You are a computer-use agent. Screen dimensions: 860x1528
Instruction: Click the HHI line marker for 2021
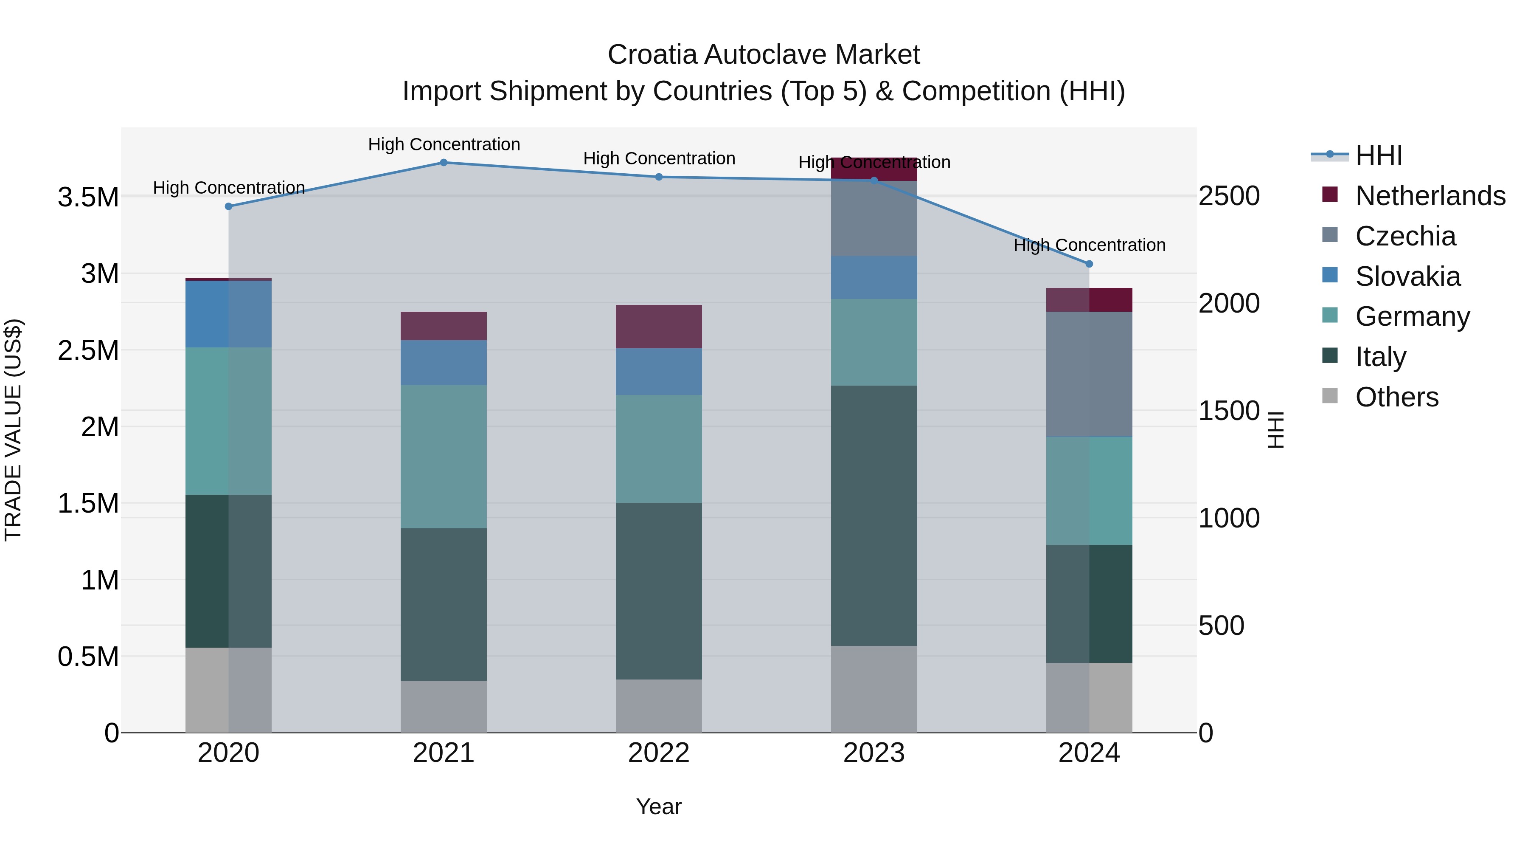point(444,163)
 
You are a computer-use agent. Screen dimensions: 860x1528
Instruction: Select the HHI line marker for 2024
point(1089,264)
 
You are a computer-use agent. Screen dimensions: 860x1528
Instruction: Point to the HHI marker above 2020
point(228,206)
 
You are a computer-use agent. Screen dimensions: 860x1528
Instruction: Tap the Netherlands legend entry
point(1430,196)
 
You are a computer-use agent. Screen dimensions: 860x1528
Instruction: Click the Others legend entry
point(1397,397)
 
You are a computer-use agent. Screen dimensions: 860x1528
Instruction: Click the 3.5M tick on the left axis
point(88,197)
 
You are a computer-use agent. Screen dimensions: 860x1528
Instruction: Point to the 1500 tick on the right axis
point(1228,411)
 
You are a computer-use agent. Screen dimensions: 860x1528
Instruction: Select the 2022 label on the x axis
point(658,753)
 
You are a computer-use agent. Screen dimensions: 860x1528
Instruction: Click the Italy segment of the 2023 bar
point(874,515)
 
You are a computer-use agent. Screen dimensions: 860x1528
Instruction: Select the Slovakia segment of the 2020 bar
point(228,314)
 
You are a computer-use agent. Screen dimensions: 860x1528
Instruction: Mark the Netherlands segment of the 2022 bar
point(658,327)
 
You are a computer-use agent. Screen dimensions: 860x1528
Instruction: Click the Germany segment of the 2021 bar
point(444,457)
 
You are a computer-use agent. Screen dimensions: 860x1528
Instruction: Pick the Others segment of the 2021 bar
point(444,706)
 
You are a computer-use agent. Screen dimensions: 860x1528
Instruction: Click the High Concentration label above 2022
point(658,158)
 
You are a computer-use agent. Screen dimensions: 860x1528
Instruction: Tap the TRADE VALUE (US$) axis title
point(13,430)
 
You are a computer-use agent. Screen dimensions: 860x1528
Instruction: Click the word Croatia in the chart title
point(651,55)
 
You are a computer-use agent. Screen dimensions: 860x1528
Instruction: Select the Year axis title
point(658,806)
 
